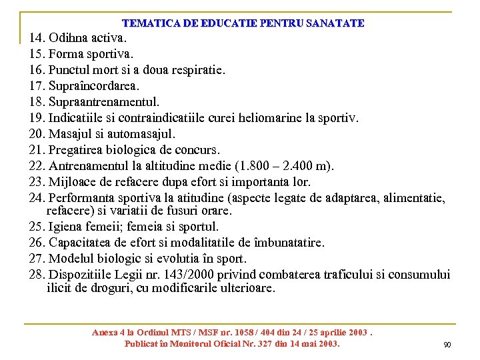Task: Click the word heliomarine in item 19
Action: [x=268, y=118]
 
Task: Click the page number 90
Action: [x=447, y=345]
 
